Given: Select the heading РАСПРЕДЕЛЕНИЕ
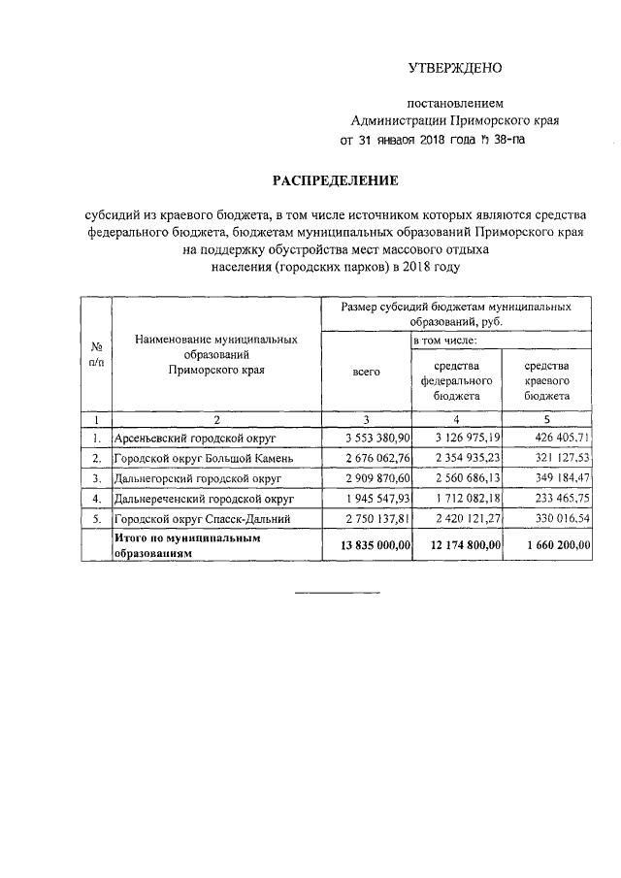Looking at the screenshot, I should click(335, 180).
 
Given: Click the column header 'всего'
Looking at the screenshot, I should click(366, 372).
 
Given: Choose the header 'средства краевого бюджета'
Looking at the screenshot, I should click(546, 380).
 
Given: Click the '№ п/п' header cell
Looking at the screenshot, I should click(97, 354).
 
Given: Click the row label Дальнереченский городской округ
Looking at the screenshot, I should click(205, 500).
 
